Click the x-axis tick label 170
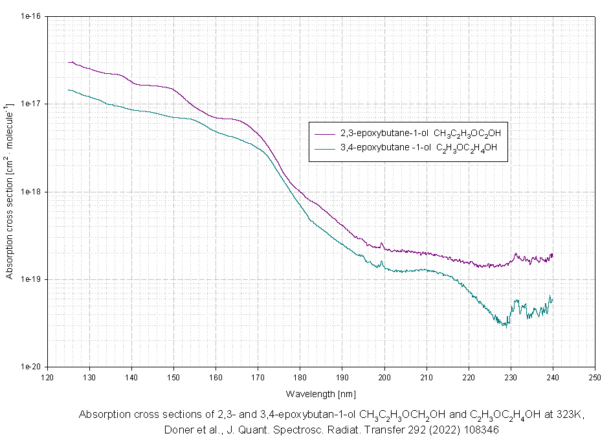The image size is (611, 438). [258, 377]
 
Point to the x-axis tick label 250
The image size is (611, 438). [594, 377]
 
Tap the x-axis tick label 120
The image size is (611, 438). [47, 377]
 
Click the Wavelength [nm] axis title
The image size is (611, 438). [320, 393]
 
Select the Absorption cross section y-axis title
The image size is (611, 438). [10, 192]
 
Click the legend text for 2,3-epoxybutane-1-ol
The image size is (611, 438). [421, 133]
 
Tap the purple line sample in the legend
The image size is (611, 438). [323, 133]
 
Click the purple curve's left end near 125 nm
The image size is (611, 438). [69, 62]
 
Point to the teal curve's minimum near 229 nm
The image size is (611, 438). [505, 325]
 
